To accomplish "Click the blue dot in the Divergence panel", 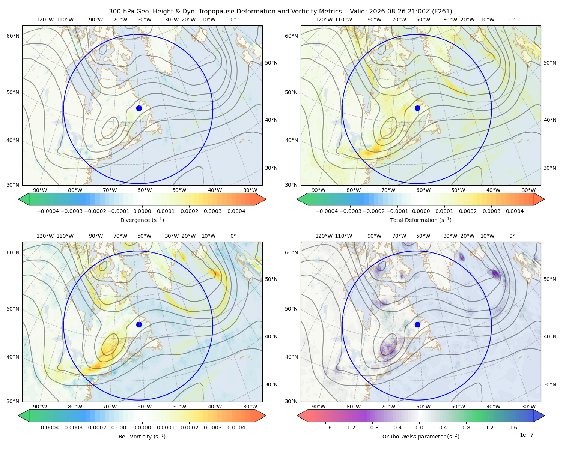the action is (139, 108).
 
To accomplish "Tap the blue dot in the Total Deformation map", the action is (417, 108).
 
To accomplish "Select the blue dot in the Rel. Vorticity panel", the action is (139, 324).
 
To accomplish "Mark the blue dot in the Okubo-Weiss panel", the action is (417, 324).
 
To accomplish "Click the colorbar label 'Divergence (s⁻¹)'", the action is (142, 220).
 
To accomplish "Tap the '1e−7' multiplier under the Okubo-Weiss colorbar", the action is (526, 435).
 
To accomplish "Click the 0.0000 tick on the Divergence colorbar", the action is (142, 211).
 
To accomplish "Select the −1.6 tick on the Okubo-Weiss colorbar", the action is (325, 427).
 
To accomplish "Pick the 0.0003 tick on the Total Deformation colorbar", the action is (491, 211).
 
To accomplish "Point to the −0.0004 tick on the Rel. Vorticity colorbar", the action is (48, 427).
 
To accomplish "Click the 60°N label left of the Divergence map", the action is (13, 36).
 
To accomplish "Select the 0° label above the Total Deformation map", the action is (512, 19).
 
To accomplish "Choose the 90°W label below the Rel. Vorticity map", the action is (40, 406).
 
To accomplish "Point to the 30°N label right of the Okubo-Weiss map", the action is (549, 384).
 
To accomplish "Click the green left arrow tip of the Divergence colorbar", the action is (18, 199).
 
